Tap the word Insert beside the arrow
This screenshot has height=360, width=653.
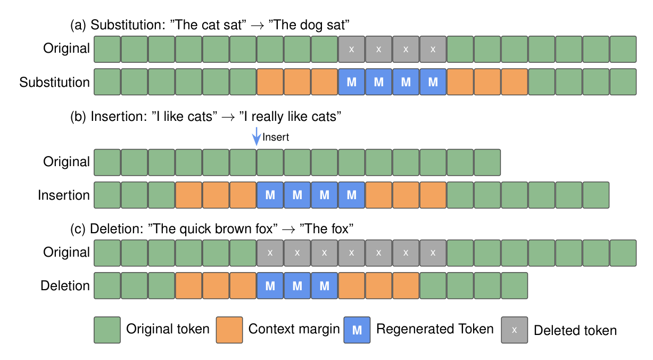point(276,137)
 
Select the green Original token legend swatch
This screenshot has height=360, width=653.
point(107,330)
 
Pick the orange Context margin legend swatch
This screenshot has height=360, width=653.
point(229,330)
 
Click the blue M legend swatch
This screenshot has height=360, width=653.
point(357,330)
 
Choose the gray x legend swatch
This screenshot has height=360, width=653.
point(514,330)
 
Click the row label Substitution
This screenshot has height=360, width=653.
point(55,83)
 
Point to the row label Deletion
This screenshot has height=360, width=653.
point(65,286)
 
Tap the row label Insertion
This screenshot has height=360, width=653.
point(64,195)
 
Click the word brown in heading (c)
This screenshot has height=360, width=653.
point(238,229)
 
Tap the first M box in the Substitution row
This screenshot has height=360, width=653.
point(352,82)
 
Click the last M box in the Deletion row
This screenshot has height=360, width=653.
point(325,286)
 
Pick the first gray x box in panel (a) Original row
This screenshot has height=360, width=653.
point(352,50)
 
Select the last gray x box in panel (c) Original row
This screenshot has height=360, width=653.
point(433,253)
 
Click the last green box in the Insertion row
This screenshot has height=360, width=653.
point(596,195)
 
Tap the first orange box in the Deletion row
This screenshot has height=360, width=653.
point(189,286)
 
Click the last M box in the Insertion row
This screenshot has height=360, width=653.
point(352,195)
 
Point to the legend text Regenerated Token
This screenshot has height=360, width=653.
point(435,329)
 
